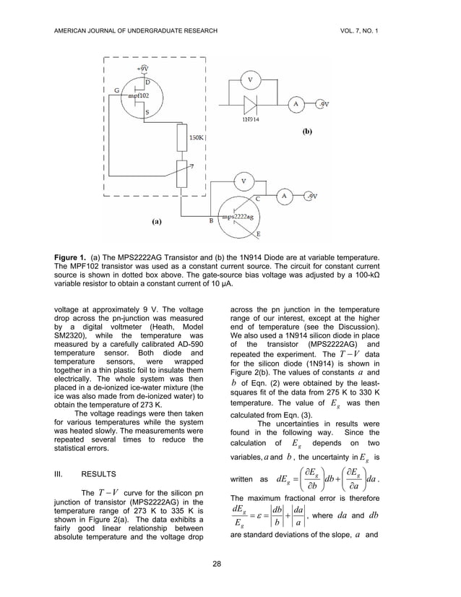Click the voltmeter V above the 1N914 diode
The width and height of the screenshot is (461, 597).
[250, 79]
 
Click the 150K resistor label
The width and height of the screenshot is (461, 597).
[195, 137]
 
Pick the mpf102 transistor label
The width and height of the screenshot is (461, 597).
[139, 95]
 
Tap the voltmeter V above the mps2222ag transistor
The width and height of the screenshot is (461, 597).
[244, 181]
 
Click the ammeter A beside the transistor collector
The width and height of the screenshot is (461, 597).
[285, 196]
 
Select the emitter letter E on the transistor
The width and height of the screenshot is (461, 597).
[259, 235]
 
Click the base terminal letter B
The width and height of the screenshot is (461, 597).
[211, 222]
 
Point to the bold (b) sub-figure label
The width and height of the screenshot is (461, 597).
[306, 133]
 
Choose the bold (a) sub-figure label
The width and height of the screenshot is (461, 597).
[157, 222]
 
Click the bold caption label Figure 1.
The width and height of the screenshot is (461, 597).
[74, 257]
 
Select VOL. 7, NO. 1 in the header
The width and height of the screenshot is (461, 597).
[379, 30]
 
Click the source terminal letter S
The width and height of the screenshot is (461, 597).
[147, 113]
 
